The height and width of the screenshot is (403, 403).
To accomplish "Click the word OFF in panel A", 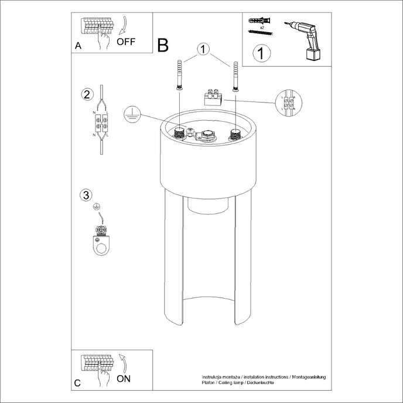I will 126,42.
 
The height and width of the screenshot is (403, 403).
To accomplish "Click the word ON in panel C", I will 124,378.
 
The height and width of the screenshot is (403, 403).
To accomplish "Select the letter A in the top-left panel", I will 78,46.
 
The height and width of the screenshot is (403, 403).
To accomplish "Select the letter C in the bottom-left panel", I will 78,384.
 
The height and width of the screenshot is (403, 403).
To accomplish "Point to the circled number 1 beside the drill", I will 261,54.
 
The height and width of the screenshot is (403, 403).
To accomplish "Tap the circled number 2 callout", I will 87,94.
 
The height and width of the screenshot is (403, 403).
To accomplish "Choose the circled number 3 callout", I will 86,194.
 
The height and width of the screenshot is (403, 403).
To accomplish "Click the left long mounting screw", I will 179,76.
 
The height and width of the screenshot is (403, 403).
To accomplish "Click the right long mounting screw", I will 235,76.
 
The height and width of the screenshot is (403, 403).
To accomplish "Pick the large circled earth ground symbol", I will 132,114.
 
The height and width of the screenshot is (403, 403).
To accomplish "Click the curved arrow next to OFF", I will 124,27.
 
